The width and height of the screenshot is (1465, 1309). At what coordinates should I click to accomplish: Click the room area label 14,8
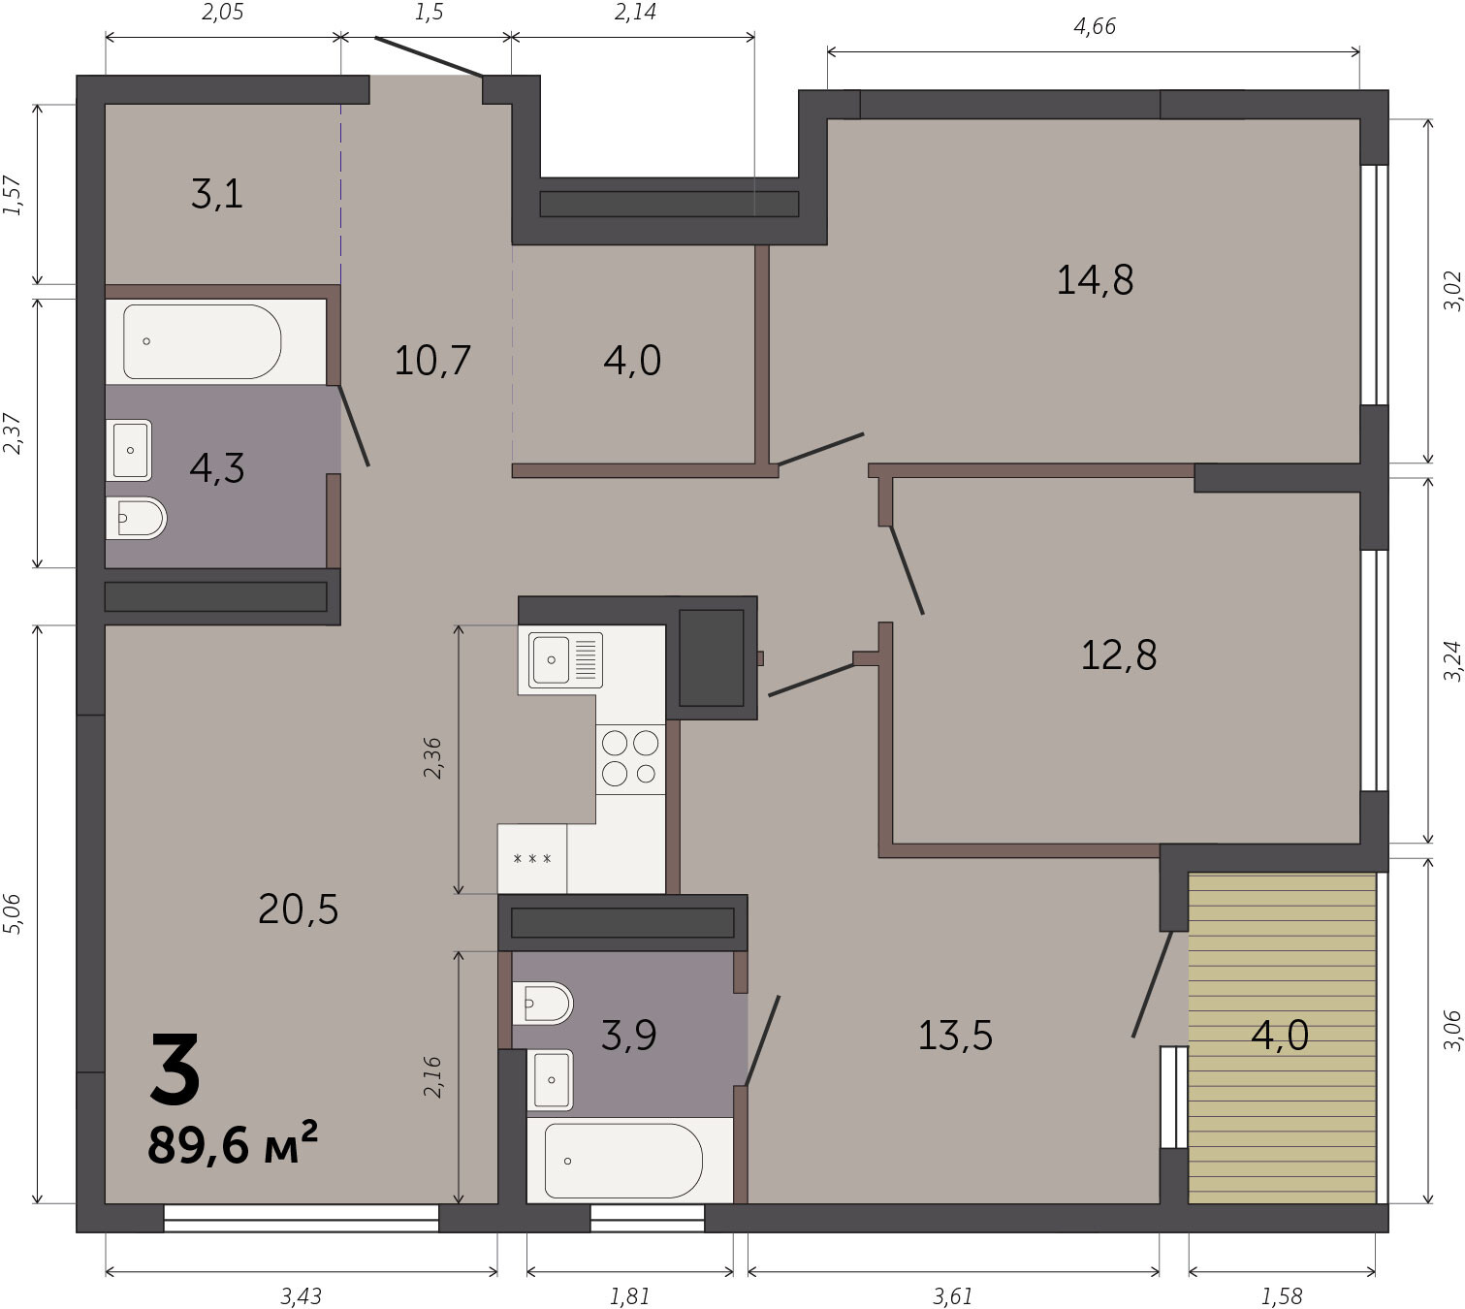[x=1094, y=280]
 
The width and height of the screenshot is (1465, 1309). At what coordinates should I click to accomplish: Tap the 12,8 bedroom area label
[x=1118, y=655]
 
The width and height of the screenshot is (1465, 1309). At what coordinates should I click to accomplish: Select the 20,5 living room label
[x=298, y=910]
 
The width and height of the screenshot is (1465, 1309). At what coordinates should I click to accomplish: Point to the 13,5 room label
[x=954, y=1035]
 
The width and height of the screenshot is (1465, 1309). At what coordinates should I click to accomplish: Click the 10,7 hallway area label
[x=432, y=360]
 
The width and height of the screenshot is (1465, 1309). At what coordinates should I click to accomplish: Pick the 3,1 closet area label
[x=217, y=195]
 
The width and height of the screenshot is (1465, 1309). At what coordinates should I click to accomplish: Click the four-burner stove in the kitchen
[x=630, y=758]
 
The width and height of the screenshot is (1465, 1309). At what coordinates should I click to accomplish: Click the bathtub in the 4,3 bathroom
[x=202, y=341]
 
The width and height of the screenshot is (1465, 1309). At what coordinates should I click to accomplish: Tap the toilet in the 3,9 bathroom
[x=542, y=1004]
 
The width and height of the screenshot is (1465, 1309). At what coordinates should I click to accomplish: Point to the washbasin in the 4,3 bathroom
[x=129, y=450]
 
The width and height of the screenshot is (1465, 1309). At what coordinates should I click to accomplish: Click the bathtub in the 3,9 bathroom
[x=623, y=1161]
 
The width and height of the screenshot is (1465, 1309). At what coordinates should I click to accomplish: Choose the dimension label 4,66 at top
[x=1095, y=27]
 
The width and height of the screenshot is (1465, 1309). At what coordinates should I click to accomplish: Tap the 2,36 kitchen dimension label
[x=432, y=758]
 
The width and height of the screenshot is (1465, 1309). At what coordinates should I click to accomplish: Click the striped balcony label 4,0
[x=1279, y=1035]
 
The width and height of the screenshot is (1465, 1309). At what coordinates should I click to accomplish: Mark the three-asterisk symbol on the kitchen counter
[x=532, y=859]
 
